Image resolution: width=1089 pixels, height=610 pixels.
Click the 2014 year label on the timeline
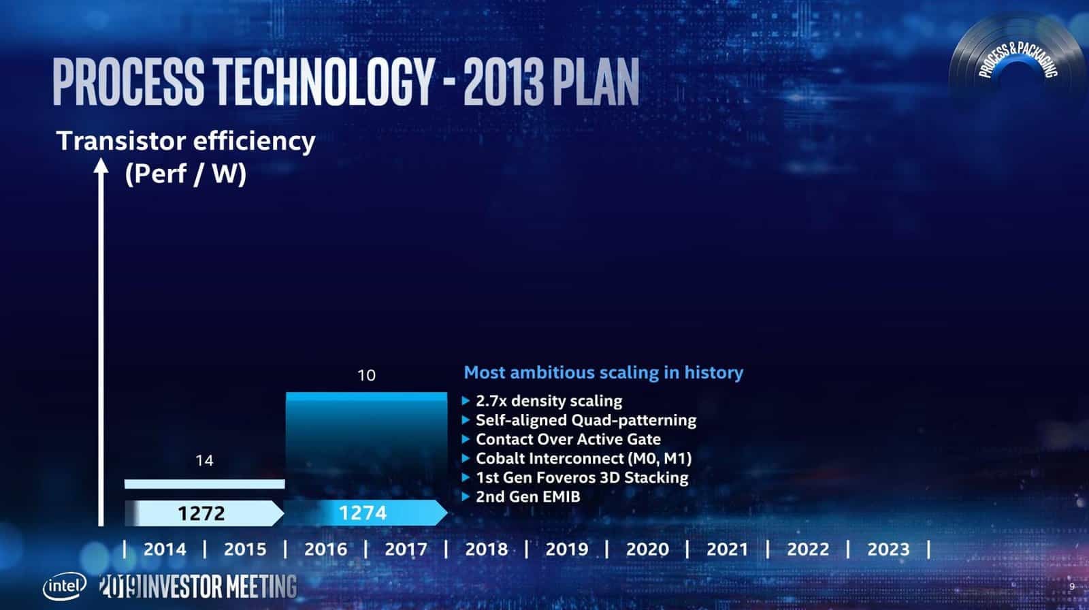click(165, 549)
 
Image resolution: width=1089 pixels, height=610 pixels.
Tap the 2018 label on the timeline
click(486, 549)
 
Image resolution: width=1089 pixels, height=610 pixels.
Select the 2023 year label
click(888, 549)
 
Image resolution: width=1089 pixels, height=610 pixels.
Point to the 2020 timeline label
click(647, 549)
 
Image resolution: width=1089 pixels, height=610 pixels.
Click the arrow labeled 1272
click(203, 513)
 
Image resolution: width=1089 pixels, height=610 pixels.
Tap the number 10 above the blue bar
click(367, 375)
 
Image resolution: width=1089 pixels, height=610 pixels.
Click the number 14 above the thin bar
click(204, 461)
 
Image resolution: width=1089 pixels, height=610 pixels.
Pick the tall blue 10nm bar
click(366, 443)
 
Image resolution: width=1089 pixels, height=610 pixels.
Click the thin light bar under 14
click(204, 484)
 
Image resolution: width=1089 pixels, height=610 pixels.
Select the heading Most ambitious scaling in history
click(603, 372)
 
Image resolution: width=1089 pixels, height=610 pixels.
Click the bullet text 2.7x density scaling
click(549, 401)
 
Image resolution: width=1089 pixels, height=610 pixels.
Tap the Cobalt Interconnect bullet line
click(583, 458)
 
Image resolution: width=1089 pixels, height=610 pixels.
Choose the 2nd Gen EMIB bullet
click(527, 496)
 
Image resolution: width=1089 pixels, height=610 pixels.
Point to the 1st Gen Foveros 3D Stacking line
click(582, 477)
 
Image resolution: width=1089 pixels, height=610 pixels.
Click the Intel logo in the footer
click(65, 585)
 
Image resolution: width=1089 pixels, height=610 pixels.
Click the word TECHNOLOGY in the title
click(324, 81)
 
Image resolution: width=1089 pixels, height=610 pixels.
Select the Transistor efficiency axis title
click(185, 142)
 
